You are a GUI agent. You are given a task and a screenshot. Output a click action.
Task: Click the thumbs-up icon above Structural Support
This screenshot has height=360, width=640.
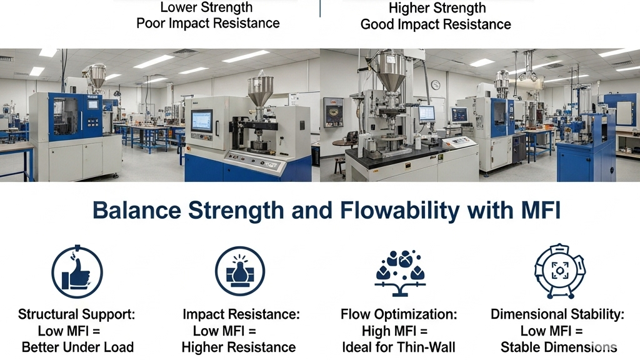point(77,272)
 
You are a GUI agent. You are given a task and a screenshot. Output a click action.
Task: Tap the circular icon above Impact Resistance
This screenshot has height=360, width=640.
point(240,271)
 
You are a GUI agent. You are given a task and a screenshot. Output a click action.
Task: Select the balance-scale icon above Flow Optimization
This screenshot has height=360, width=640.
point(400,272)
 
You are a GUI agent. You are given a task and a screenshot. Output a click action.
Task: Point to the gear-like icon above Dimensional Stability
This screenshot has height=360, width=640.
point(560,271)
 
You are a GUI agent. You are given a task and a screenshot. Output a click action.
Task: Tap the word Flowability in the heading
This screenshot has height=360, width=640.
point(401,211)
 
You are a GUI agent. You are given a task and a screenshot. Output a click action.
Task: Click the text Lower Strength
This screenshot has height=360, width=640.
point(206,7)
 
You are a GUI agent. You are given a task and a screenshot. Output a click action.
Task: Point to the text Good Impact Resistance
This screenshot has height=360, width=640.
point(436,24)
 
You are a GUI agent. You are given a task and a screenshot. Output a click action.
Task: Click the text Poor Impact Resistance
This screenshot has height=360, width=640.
point(207,23)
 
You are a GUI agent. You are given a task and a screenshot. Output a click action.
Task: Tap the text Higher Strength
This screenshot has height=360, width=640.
point(437,7)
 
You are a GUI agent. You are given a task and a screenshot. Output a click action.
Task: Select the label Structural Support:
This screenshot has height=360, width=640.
point(76,314)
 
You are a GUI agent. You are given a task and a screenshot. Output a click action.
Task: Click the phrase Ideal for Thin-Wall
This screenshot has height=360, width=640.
point(398,347)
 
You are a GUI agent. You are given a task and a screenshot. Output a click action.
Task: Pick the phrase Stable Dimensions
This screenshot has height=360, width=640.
point(558,347)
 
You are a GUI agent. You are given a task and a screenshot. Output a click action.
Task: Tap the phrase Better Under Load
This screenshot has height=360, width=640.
point(77,347)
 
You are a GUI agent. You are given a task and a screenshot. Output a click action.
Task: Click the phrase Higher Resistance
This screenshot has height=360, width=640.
point(239,347)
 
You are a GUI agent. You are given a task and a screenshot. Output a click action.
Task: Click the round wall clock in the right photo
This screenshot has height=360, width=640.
point(436,85)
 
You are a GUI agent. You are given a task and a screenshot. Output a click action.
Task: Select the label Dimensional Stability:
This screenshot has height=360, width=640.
point(557,314)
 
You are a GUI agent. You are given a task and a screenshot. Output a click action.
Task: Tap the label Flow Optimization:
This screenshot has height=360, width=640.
point(399,314)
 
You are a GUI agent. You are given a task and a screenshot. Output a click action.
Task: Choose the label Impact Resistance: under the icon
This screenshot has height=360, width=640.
point(241,314)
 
